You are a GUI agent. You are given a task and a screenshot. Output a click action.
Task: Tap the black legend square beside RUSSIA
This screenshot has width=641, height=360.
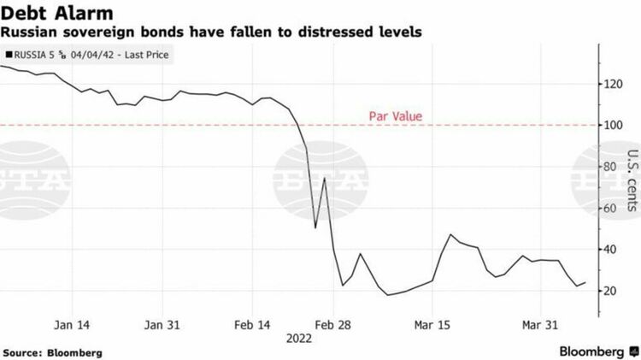tap(9, 56)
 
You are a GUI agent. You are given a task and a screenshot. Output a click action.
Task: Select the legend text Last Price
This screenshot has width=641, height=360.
tap(150, 56)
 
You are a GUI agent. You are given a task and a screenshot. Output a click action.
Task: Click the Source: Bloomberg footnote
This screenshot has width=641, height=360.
tap(52, 352)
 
